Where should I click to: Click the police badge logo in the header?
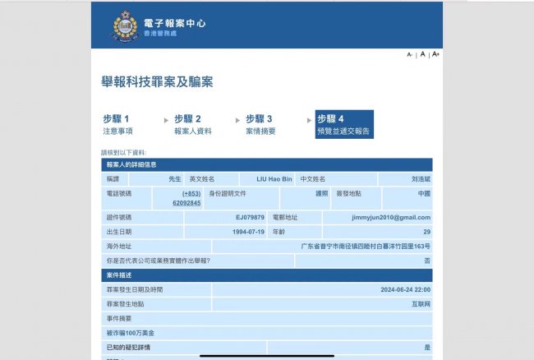tap(126, 25)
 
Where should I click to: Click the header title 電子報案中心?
tap(169, 20)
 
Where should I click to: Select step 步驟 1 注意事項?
tap(117, 124)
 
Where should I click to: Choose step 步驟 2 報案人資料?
tap(193, 124)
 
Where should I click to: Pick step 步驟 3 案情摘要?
tap(260, 124)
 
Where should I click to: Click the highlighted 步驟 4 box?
tap(344, 124)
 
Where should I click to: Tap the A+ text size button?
tap(435, 54)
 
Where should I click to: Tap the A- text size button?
tap(410, 54)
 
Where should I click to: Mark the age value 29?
tap(426, 232)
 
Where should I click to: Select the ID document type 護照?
tap(322, 193)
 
